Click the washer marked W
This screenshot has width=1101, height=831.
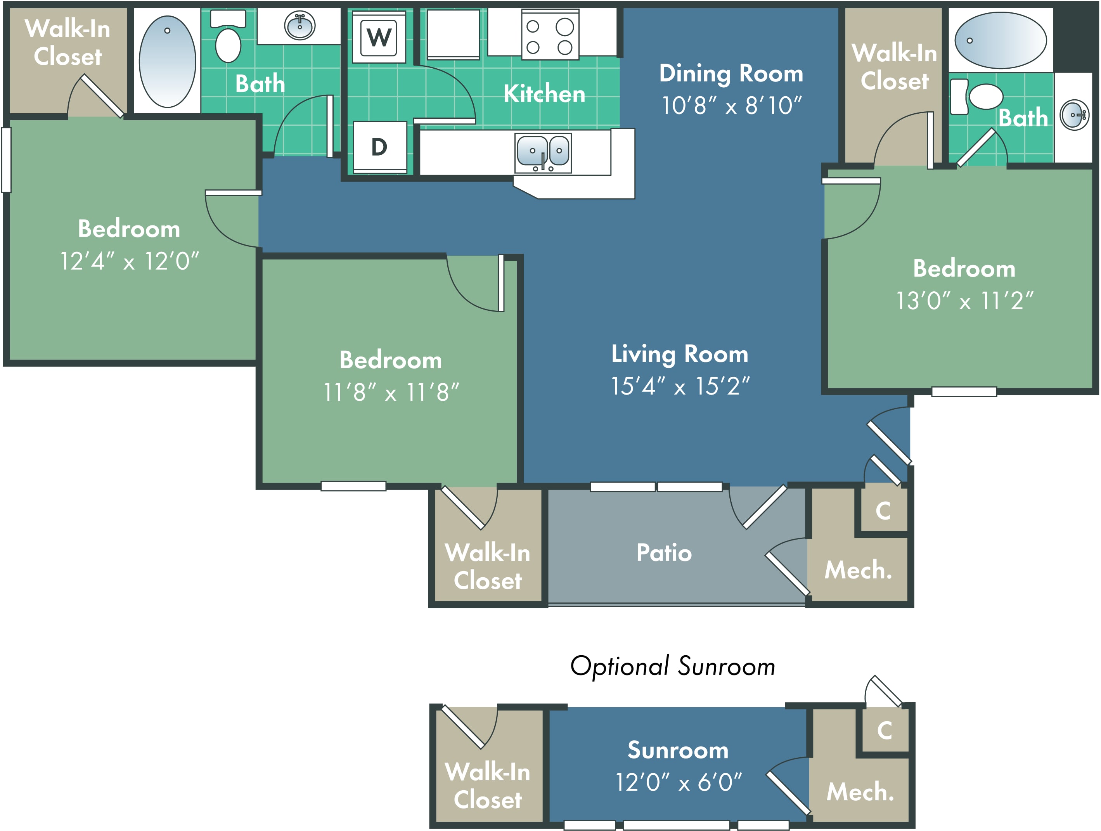(379, 37)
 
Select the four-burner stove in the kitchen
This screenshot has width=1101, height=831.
(550, 35)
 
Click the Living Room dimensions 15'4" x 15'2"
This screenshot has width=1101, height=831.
(680, 386)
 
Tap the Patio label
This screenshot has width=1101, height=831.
(664, 553)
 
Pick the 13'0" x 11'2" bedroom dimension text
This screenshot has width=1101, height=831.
(964, 301)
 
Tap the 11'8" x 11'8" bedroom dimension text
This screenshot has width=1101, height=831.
(391, 393)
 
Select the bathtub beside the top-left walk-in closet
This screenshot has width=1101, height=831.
(167, 61)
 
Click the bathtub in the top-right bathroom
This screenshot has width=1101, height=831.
(1001, 40)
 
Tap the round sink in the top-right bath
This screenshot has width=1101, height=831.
(1075, 115)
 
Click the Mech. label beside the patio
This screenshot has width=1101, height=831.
(859, 570)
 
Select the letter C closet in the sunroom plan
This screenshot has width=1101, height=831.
(885, 731)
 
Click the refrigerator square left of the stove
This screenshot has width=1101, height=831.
(453, 34)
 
